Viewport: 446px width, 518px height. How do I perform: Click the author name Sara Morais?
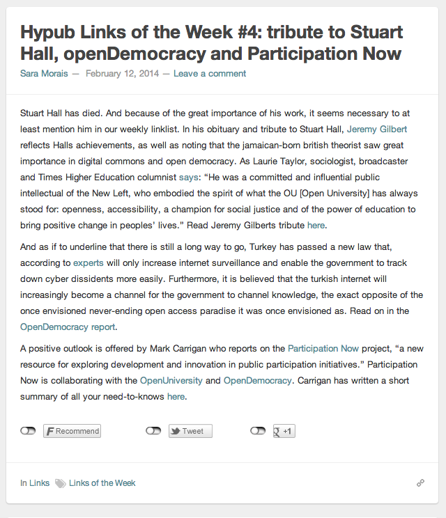[43, 73]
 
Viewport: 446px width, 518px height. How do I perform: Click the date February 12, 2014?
[122, 73]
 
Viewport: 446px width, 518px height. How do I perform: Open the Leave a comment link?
[209, 73]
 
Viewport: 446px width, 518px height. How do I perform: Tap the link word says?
[189, 177]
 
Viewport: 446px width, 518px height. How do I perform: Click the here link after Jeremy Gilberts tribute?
[316, 225]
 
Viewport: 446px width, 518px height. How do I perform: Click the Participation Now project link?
[322, 348]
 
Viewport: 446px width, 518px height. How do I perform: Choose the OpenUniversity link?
[171, 381]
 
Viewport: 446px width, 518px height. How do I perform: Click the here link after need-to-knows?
[176, 397]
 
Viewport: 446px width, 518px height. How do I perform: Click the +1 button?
[284, 431]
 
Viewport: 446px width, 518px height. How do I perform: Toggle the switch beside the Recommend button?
[28, 431]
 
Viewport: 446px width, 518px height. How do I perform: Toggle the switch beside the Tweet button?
[153, 431]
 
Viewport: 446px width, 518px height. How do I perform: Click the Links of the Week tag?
[102, 482]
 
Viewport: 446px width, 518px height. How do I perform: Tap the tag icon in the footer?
[61, 483]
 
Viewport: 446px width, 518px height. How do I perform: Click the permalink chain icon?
[420, 482]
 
